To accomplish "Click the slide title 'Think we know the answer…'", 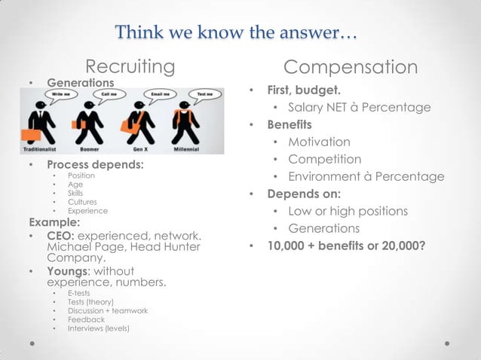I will (237, 34).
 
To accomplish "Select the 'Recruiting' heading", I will (130, 67).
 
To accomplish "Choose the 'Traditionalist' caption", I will (41, 149).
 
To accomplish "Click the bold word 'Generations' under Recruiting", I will (81, 81).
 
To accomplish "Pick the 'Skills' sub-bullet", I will (75, 193).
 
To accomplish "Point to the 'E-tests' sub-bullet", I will (78, 292).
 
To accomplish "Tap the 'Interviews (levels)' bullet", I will (98, 328).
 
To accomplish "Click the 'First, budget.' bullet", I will (302, 90).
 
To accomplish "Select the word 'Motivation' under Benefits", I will (319, 142).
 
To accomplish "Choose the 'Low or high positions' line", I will (348, 211).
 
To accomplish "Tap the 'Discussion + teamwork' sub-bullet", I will (107, 310).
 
